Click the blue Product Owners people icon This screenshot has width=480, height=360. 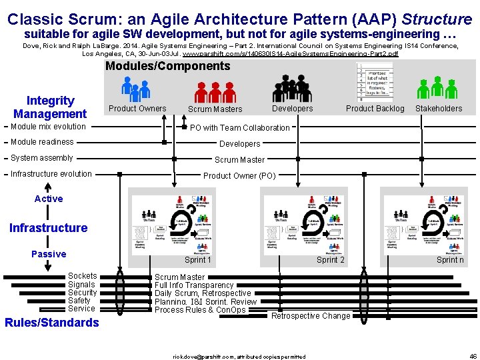136,88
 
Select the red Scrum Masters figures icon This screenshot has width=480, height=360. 214,90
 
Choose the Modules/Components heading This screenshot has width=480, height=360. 167,66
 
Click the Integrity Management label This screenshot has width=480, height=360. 50,107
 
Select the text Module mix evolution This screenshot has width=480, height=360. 48,127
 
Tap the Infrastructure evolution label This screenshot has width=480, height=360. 51,174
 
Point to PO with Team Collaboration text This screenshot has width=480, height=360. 240,128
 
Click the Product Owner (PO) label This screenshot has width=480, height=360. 239,176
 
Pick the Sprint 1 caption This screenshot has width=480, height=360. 198,260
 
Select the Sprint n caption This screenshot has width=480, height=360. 450,260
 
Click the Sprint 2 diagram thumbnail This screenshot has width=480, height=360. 304,225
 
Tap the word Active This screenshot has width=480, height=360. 49,199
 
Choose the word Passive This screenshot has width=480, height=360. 49,254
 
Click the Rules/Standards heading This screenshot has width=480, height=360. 52,323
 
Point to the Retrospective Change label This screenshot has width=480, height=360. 311,316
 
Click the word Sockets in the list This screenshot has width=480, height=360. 82,276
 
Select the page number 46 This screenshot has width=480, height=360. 473,356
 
